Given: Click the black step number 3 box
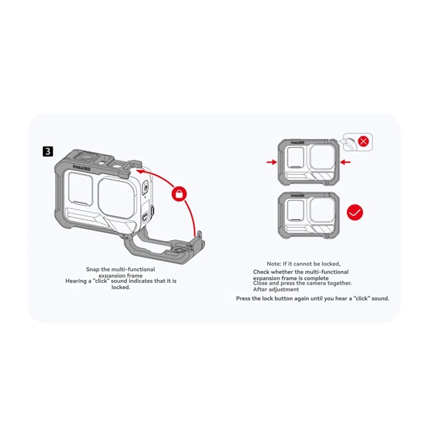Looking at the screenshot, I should coord(48,151).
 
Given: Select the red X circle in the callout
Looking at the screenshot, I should coord(363,142).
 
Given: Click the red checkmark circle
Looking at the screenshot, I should coord(354,212).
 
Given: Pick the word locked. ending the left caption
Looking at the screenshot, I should coord(121,287).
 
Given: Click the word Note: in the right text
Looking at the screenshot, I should coord(277,264).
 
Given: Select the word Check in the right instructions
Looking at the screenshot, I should coord(263,272).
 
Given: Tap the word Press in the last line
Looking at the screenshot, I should coord(244,298).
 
